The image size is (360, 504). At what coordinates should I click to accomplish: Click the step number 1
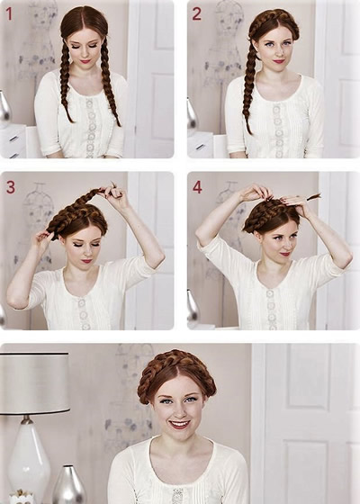click(9, 13)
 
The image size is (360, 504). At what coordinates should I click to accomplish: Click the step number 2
click(197, 13)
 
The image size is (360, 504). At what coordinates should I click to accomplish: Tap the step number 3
click(11, 187)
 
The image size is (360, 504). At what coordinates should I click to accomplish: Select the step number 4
click(197, 187)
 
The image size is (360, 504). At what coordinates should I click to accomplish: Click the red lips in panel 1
click(85, 61)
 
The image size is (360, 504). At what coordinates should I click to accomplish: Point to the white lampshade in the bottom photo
click(34, 382)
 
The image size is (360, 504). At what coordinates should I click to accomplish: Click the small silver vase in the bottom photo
click(68, 484)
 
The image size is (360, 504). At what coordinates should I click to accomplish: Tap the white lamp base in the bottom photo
click(29, 459)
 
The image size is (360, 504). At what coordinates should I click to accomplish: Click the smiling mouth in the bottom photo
click(179, 424)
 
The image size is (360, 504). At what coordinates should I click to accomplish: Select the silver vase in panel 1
click(4, 109)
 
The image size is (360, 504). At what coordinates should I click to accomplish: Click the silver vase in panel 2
click(191, 113)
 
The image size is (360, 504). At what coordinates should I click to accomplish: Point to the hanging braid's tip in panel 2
click(249, 130)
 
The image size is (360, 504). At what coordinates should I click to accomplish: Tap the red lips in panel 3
click(86, 261)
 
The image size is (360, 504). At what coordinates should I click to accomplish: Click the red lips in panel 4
click(285, 254)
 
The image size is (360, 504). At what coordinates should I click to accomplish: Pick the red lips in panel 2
click(279, 61)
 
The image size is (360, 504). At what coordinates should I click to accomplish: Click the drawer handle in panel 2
click(200, 148)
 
